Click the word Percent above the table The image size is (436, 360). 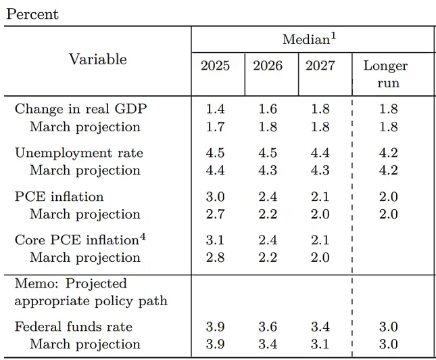[x=32, y=14]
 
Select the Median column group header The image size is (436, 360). [x=309, y=39]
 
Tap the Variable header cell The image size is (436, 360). [x=98, y=59]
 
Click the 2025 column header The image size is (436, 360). [x=215, y=66]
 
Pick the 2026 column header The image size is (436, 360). [x=268, y=66]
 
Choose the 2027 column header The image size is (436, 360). [x=320, y=66]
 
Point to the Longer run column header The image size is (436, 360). [x=386, y=74]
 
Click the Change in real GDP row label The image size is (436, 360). [x=80, y=108]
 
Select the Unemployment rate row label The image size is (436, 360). [x=79, y=152]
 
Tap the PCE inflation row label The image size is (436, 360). [x=59, y=196]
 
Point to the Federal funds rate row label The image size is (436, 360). [x=74, y=327]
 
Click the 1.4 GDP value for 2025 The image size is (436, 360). [x=215, y=108]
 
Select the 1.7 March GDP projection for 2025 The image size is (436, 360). [x=215, y=127]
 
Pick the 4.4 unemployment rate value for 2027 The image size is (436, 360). [x=320, y=152]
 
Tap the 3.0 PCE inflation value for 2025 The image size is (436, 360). [x=215, y=196]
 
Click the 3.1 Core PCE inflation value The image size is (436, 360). [x=215, y=240]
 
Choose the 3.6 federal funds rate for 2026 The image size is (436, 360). [x=268, y=327]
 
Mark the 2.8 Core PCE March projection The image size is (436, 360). [x=215, y=258]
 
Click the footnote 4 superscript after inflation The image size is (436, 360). [x=143, y=237]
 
